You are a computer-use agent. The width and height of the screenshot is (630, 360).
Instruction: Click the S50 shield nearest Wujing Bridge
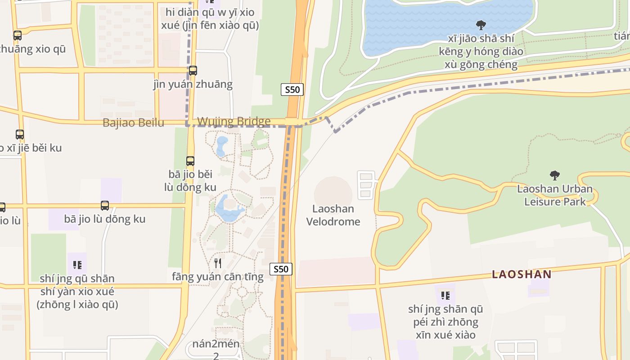pyautogui.click(x=292, y=90)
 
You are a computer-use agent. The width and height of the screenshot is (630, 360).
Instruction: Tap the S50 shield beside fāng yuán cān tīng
pyautogui.click(x=281, y=269)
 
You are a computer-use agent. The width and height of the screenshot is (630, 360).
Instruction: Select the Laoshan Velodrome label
pyautogui.click(x=333, y=215)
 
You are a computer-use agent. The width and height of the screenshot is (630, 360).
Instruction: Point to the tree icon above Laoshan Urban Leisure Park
pyautogui.click(x=555, y=175)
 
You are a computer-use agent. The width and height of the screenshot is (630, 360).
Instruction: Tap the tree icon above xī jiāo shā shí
pyautogui.click(x=481, y=25)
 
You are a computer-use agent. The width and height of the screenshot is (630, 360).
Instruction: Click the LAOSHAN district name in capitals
pyautogui.click(x=522, y=274)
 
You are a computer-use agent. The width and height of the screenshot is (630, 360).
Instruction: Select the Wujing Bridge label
pyautogui.click(x=234, y=121)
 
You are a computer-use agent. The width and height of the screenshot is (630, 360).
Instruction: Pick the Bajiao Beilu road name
pyautogui.click(x=133, y=123)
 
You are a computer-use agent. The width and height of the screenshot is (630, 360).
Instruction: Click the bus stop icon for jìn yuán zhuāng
pyautogui.click(x=193, y=71)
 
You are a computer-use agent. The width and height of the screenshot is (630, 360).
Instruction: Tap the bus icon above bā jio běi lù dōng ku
pyautogui.click(x=190, y=161)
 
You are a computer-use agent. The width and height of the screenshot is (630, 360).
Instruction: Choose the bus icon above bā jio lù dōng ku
pyautogui.click(x=105, y=206)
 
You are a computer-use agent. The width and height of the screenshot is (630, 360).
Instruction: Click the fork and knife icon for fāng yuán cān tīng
pyautogui.click(x=218, y=263)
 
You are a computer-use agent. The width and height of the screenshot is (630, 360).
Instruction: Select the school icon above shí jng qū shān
pyautogui.click(x=77, y=265)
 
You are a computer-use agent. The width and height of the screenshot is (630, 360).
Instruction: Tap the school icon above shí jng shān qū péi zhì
pyautogui.click(x=445, y=295)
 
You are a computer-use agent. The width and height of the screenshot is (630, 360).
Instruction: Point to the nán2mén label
pyautogui.click(x=216, y=344)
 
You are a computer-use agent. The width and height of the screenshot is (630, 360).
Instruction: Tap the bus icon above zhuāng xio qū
pyautogui.click(x=18, y=35)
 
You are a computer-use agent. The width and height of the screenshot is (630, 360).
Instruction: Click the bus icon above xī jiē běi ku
pyautogui.click(x=20, y=134)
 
